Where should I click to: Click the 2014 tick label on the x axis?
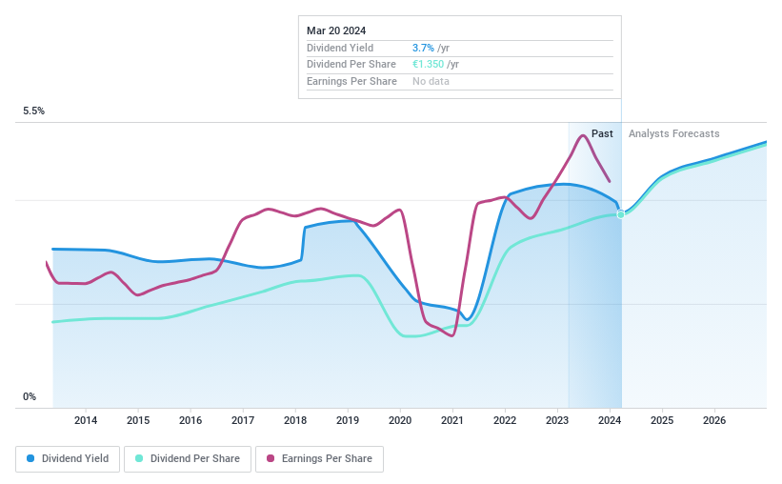(x=86, y=420)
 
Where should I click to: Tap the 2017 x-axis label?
(x=243, y=420)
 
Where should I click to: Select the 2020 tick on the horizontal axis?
(x=400, y=420)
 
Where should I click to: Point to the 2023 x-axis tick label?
(x=557, y=420)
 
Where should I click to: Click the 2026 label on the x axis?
(x=714, y=420)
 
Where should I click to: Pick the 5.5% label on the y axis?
(x=34, y=111)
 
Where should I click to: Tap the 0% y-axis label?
(x=30, y=397)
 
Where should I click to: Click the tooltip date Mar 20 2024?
(x=336, y=30)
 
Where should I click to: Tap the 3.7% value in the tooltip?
(x=423, y=48)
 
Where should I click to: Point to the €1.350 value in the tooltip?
(x=429, y=65)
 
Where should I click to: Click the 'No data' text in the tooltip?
(x=431, y=82)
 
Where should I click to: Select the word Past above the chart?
(x=602, y=134)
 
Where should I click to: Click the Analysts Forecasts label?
(x=674, y=134)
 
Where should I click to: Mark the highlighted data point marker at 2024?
(x=621, y=214)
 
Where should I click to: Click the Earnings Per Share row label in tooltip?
(x=351, y=82)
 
